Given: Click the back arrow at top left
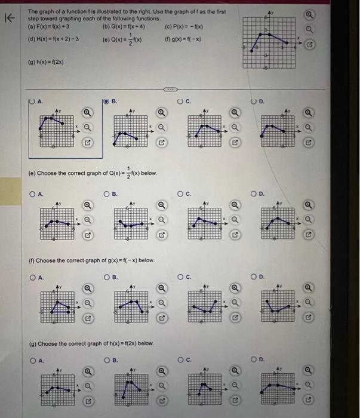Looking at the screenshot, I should pyautogui.click(x=10, y=19).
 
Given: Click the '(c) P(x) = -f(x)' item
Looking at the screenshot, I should pyautogui.click(x=185, y=26).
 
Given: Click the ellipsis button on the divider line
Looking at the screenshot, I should pyautogui.click(x=171, y=91).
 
